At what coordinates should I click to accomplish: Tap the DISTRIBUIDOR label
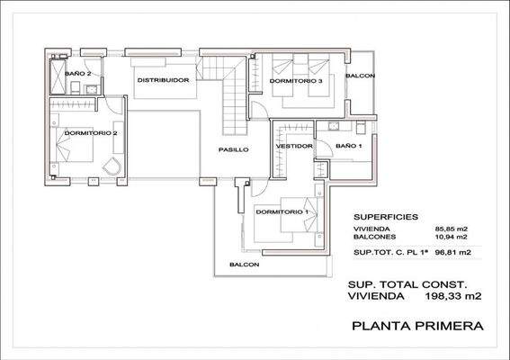(162, 80)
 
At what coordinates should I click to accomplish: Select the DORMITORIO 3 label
(295, 81)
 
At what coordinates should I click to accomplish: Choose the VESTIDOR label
(294, 145)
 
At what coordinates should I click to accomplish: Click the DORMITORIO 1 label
(282, 212)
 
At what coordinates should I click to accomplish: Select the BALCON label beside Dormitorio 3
(361, 76)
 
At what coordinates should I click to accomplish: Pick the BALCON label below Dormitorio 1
(244, 265)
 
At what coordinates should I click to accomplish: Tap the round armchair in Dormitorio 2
(111, 167)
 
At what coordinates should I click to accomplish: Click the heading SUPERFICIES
(383, 217)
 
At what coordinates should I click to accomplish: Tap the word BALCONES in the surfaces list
(374, 238)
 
